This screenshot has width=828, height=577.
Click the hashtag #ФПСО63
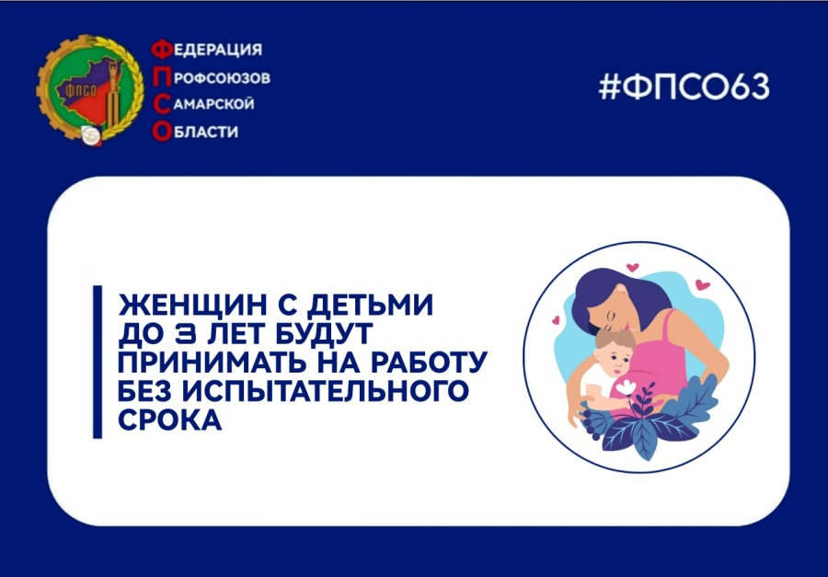pyautogui.click(x=683, y=87)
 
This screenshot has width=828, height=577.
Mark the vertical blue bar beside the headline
pyautogui.click(x=98, y=361)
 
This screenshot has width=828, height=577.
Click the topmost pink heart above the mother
pyautogui.click(x=632, y=268)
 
